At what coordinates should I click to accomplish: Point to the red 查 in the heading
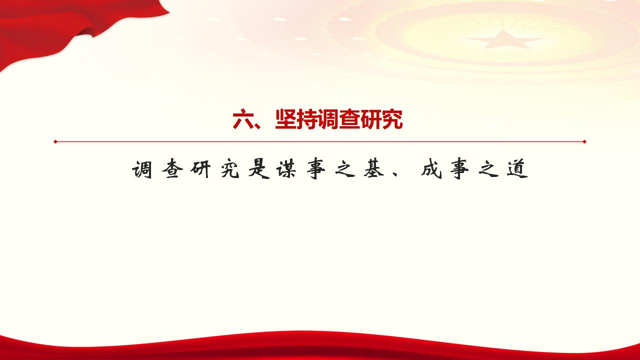point(349,120)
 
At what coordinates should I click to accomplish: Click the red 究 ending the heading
point(392,120)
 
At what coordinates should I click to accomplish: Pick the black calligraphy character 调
point(141,170)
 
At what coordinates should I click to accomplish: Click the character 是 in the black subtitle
point(256,170)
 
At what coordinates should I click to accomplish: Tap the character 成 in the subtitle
point(430,170)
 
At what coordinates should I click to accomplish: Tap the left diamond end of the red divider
point(55,141)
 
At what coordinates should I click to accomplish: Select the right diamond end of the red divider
point(584,141)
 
